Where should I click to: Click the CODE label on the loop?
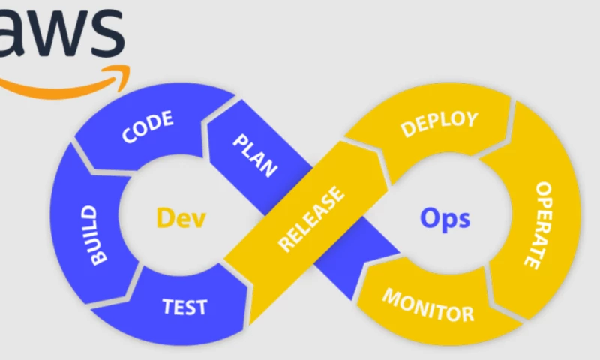coord(148,127)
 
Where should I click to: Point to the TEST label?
coord(184,306)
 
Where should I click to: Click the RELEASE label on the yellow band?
coord(311,218)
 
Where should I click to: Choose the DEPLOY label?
coord(439,124)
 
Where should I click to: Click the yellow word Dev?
coord(181,218)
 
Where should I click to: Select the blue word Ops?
coord(445,218)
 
